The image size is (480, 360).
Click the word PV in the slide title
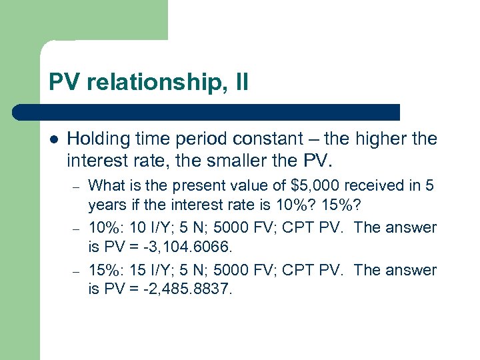[x=63, y=83]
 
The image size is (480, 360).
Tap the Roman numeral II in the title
[x=241, y=83]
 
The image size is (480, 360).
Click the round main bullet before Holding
[x=54, y=140]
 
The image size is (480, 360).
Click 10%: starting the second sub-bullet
[x=104, y=228]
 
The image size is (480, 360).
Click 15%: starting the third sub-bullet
[x=104, y=271]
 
